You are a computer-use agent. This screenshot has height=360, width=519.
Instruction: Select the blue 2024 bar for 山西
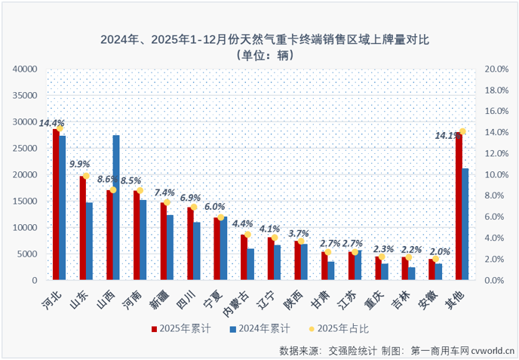pos(116,208)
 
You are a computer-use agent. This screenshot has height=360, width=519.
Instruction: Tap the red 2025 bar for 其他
pos(459,207)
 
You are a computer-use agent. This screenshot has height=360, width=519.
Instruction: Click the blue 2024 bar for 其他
pos(465,224)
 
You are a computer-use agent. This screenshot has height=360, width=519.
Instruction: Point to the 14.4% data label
pos(52,122)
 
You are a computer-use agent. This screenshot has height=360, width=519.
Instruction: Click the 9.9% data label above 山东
pos(80,163)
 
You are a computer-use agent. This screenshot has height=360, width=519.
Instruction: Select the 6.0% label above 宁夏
pos(214,206)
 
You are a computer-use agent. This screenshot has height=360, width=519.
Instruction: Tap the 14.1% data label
pos(445,136)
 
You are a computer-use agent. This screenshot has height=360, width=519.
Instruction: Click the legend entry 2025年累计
pos(185,328)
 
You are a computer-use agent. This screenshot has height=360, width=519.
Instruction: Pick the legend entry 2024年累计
pos(261,328)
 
